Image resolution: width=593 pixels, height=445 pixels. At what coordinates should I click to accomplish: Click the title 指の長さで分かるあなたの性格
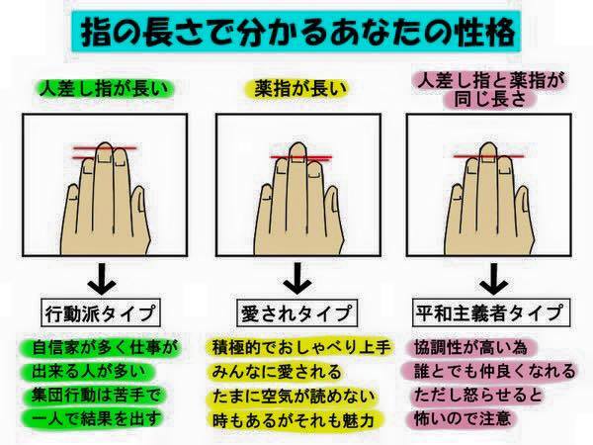pyautogui.click(x=296, y=33)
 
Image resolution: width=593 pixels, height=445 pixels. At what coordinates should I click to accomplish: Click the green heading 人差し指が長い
pyautogui.click(x=104, y=89)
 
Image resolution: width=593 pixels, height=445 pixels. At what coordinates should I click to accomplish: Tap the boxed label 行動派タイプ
pyautogui.click(x=100, y=312)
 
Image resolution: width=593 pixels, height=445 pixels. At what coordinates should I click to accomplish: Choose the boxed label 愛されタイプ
pyautogui.click(x=296, y=312)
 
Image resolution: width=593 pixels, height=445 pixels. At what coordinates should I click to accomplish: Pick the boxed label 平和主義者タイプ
pyautogui.click(x=490, y=312)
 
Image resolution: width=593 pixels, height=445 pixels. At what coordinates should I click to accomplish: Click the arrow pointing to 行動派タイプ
pyautogui.click(x=102, y=279)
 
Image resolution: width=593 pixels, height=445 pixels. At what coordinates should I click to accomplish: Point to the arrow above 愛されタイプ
pyautogui.click(x=297, y=279)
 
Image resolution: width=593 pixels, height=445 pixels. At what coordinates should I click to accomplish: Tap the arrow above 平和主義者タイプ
pyautogui.click(x=493, y=279)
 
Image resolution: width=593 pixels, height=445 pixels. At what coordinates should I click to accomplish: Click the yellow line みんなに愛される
pyautogui.click(x=276, y=372)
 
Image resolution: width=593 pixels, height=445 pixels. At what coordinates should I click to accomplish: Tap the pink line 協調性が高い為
pyautogui.click(x=470, y=347)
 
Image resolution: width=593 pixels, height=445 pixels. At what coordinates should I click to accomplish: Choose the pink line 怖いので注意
pyautogui.click(x=463, y=419)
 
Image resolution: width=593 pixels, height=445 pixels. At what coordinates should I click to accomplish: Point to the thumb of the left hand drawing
pyautogui.click(x=139, y=208)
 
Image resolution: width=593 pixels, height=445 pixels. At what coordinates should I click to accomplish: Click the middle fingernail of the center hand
pyautogui.click(x=297, y=158)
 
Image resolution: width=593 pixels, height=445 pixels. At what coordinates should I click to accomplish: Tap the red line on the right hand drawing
pyautogui.click(x=488, y=156)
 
